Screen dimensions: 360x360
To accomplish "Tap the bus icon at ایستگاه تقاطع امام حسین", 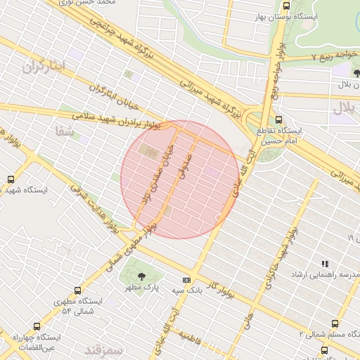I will (x=278, y=120).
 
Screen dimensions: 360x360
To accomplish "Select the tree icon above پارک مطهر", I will (x=143, y=276).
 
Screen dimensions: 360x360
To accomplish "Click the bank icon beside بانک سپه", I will (x=186, y=279).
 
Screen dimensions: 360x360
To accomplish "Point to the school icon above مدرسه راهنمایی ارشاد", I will (x=324, y=264).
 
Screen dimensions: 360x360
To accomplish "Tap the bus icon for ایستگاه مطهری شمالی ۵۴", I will (x=77, y=290).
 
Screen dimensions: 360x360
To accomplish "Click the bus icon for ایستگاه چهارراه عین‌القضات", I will (x=37, y=326).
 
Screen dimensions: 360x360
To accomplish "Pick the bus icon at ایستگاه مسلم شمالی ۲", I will (x=334, y=324).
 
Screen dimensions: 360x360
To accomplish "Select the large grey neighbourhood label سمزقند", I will (x=103, y=349).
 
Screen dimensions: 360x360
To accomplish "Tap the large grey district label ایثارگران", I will (x=42, y=66).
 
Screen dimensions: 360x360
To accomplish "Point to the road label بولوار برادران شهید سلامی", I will (x=127, y=119).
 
